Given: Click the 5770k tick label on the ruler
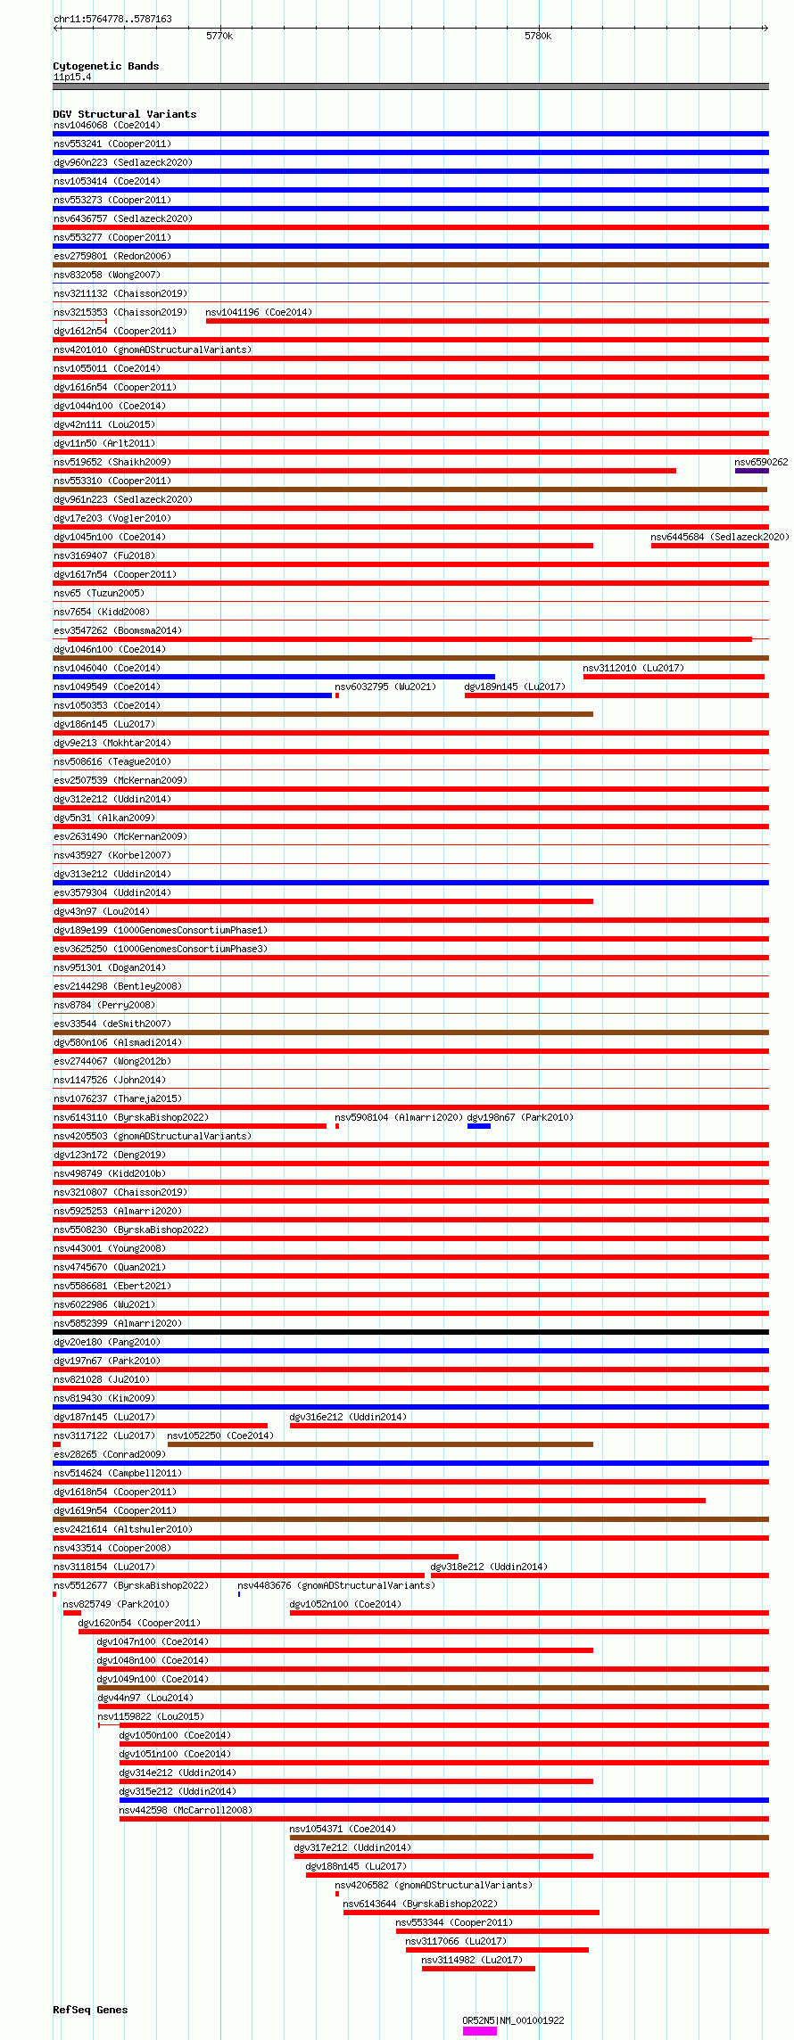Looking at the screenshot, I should tap(219, 37).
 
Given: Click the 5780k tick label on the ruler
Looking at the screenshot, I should tap(538, 37).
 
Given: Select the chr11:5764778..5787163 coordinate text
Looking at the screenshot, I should tap(112, 19).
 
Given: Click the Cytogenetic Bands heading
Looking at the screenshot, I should tap(105, 66).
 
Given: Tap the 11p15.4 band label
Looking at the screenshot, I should tap(72, 77).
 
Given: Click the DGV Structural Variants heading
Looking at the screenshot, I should tap(124, 114).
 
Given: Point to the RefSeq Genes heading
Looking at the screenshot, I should tap(90, 2010).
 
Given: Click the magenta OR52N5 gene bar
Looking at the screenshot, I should tap(479, 2031).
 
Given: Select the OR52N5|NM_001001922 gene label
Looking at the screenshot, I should tap(513, 2020).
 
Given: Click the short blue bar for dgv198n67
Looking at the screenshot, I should tap(479, 1126).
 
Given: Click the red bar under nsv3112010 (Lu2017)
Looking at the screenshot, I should tap(674, 677).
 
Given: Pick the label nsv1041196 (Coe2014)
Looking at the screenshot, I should tap(259, 312).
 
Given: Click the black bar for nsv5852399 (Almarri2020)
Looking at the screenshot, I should tap(410, 1332).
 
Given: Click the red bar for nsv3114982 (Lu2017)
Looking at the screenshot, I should tap(478, 1969).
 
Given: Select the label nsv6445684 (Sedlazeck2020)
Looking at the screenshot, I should tap(719, 537).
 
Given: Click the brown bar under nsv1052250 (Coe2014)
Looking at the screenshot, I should tap(380, 1444).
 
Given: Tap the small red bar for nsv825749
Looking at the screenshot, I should tap(71, 1613).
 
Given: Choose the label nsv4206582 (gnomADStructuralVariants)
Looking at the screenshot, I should tap(434, 1885).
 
